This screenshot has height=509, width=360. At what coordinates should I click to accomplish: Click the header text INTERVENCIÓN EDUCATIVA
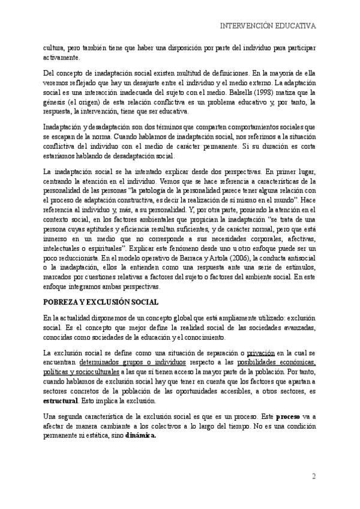click(x=268, y=26)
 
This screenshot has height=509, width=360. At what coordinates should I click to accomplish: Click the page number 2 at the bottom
click(x=313, y=477)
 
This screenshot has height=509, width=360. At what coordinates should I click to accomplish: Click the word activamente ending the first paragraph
click(x=61, y=58)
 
